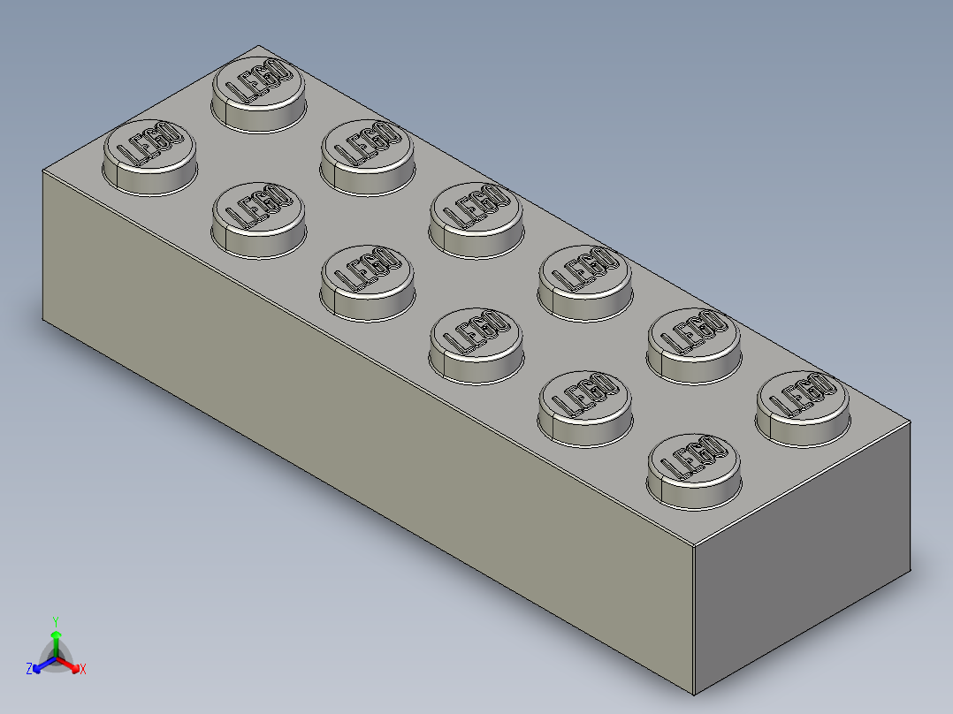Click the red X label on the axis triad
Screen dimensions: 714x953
pos(83,669)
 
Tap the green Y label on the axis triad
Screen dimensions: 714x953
pos(56,621)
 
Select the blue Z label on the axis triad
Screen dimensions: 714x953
pos(29,669)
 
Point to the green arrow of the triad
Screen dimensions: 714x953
pos(56,638)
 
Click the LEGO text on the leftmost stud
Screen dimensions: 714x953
pos(149,144)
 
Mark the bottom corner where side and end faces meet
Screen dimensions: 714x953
pos(695,695)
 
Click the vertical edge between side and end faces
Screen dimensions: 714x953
pos(694,619)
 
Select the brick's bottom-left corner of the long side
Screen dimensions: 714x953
pos(42,320)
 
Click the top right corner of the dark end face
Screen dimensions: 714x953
pos(911,422)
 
